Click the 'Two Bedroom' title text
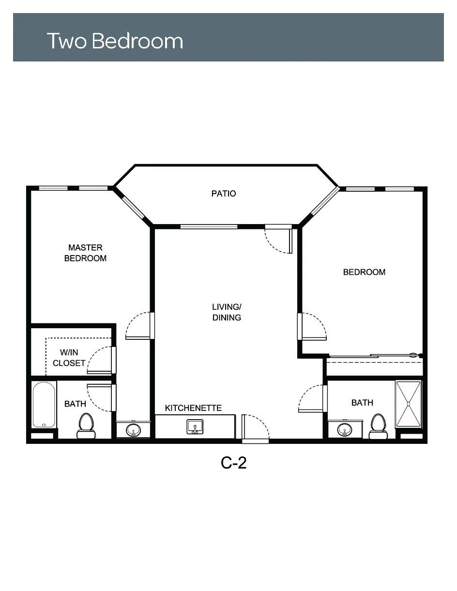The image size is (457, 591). pos(115,41)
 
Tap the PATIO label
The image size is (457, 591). pos(224,194)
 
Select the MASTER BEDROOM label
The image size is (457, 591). pos(85,253)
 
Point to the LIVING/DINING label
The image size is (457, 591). pos(227,312)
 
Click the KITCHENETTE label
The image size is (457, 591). pos(193,408)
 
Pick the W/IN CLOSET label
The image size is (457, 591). pos(69,358)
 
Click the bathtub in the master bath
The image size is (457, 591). pos(44,405)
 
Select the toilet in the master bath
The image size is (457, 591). pos(86,426)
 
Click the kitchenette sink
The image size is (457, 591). pos(195,427)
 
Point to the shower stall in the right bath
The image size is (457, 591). pos(408,404)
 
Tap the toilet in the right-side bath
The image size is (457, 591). pos(379,426)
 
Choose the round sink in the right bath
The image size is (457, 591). pos(344,430)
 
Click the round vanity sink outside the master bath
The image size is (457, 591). pos(133,430)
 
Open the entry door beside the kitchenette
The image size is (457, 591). pos(255,428)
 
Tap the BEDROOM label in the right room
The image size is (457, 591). pos(364,272)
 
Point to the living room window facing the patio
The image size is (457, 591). pos(209,227)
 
